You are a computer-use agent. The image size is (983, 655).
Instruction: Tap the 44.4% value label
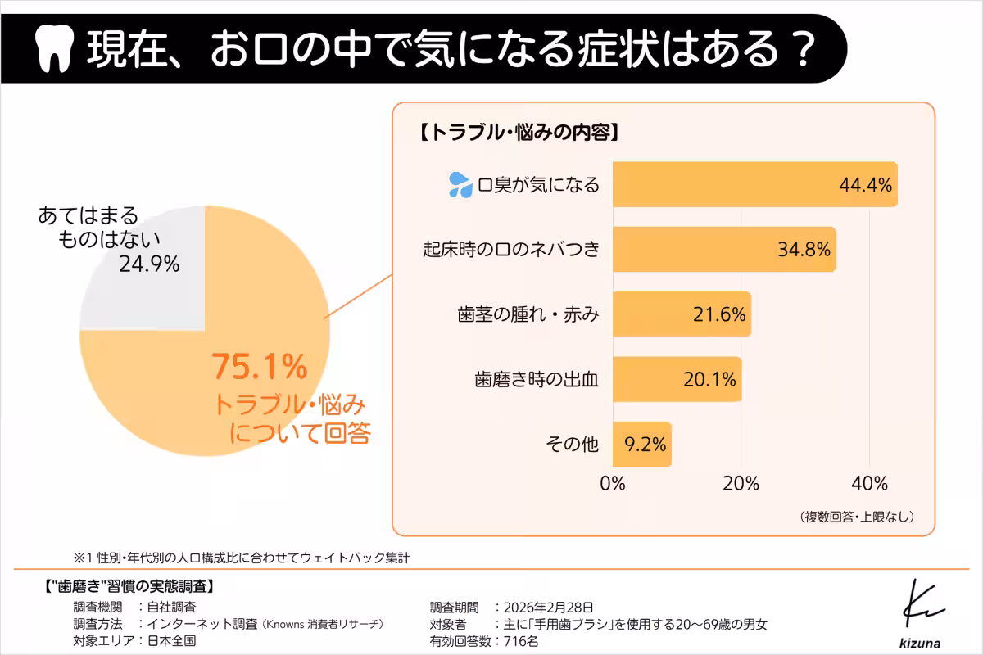[864, 184]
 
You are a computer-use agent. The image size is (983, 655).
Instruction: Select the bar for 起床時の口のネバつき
[724, 250]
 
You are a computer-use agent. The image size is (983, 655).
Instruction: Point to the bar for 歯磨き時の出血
[677, 380]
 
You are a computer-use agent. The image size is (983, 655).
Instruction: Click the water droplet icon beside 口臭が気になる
[459, 185]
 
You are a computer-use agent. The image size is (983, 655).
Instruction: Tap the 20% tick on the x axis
[741, 482]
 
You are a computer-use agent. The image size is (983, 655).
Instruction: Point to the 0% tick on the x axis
[613, 482]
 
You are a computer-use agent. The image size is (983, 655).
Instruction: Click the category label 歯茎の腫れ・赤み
[528, 315]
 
